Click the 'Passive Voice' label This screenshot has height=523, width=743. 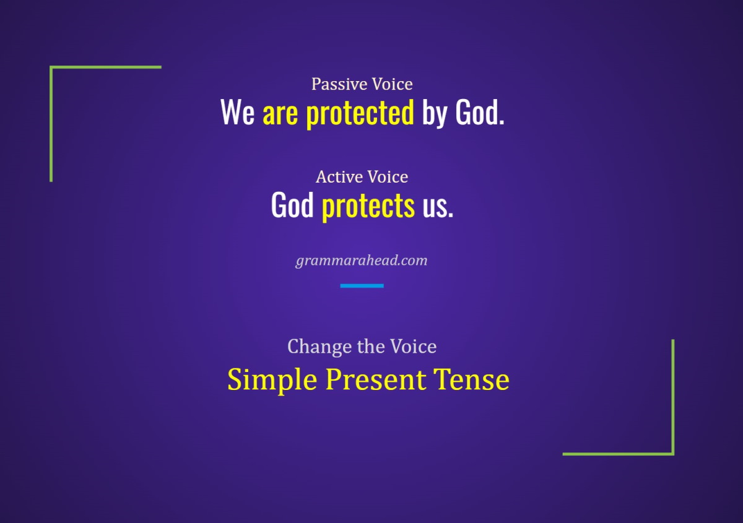pyautogui.click(x=362, y=84)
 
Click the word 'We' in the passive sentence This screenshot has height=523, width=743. pyautogui.click(x=238, y=113)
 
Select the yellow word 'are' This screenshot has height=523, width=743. pyautogui.click(x=280, y=113)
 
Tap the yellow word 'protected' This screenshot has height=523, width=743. pyautogui.click(x=360, y=113)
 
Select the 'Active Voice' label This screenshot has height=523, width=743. pyautogui.click(x=362, y=177)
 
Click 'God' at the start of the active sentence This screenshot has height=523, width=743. pyautogui.click(x=292, y=205)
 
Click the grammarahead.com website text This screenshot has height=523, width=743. pyautogui.click(x=362, y=260)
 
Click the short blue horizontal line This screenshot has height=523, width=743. pyautogui.click(x=362, y=285)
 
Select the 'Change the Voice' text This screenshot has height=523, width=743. pyautogui.click(x=362, y=346)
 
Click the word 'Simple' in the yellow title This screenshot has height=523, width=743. pyautogui.click(x=272, y=379)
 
